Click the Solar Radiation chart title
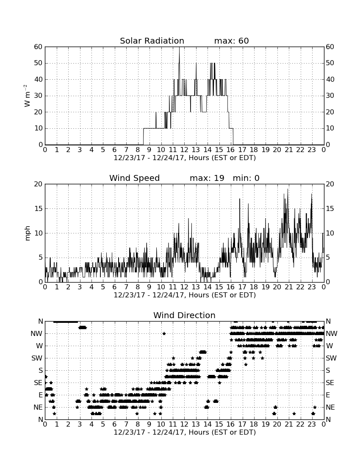pos(152,41)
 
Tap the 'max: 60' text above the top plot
pos(231,41)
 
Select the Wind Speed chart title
pos(134,178)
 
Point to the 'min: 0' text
pos(246,178)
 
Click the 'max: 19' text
pos(207,178)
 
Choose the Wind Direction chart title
pos(184,315)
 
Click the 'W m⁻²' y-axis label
pos(27,96)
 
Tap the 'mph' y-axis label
pos(28,233)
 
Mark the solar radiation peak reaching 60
pos(179,47)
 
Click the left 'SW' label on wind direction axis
pos(37,358)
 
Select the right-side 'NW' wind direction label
pos(332,333)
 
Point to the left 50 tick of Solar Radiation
pos(39,63)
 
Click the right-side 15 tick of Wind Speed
pos(330,208)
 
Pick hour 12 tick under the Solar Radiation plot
pos(184,150)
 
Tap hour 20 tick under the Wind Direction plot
pos(277,424)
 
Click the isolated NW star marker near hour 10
pos(164,333)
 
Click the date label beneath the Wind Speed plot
pos(185,295)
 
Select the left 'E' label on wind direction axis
pos(40,395)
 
